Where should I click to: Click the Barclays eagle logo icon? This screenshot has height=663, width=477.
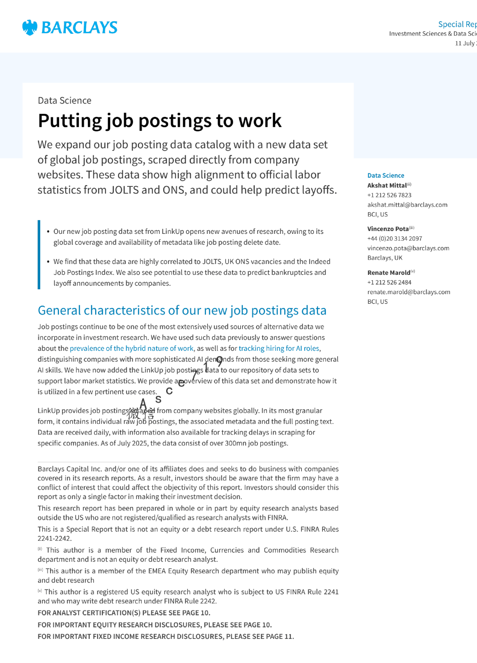click(30, 27)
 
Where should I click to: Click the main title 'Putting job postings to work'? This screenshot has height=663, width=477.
click(159, 121)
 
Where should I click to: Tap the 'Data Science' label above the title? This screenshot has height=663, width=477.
click(64, 100)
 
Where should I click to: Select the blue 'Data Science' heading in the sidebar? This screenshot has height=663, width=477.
click(385, 176)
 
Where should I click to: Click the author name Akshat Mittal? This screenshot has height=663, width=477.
click(387, 185)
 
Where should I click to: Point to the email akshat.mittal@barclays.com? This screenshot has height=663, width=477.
click(407, 205)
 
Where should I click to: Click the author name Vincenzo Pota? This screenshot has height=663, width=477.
click(388, 229)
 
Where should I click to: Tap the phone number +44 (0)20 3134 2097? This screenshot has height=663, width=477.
click(394, 239)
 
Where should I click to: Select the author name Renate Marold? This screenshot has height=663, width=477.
click(389, 272)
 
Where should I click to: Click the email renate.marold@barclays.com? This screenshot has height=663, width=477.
click(409, 292)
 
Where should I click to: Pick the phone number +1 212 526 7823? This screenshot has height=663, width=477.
click(389, 195)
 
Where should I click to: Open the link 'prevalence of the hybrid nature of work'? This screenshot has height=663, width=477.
click(132, 348)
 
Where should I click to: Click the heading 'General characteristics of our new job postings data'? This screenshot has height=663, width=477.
click(182, 310)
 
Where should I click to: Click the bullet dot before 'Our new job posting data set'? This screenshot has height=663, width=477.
click(48, 232)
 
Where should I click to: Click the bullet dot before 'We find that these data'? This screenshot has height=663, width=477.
click(48, 262)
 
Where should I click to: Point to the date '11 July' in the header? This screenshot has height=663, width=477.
click(465, 43)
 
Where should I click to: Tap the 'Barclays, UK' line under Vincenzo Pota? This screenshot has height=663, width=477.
click(385, 258)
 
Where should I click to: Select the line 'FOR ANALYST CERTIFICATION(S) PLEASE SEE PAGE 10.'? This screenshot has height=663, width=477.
click(124, 613)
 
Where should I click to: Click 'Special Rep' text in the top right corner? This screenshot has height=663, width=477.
click(457, 24)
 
